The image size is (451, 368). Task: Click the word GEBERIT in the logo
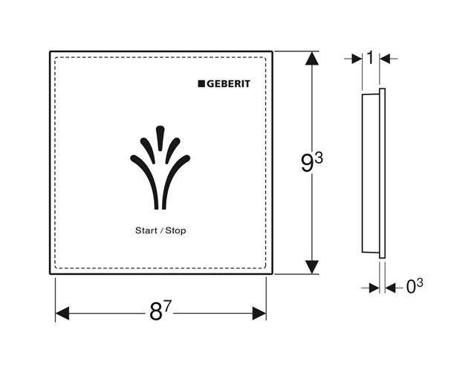228,84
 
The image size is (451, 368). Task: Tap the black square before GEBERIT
201,84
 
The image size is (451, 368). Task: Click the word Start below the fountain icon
146,230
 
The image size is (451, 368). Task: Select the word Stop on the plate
175,230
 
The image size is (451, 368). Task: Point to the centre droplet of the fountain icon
160,138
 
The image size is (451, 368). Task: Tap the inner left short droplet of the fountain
147,149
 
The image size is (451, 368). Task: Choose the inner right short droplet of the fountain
172,149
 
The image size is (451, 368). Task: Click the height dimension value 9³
312,162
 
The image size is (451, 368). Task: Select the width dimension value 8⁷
160,311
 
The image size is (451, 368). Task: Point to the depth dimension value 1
371,57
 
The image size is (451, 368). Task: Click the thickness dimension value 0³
415,286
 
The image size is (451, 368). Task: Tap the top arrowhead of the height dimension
312,59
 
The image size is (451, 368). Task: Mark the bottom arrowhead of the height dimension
312,267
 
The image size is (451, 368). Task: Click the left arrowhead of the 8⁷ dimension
62,313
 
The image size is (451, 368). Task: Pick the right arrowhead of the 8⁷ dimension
259,313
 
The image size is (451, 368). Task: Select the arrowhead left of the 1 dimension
357,59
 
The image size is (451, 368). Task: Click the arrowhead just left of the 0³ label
391,288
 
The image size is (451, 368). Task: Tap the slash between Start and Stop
161,230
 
